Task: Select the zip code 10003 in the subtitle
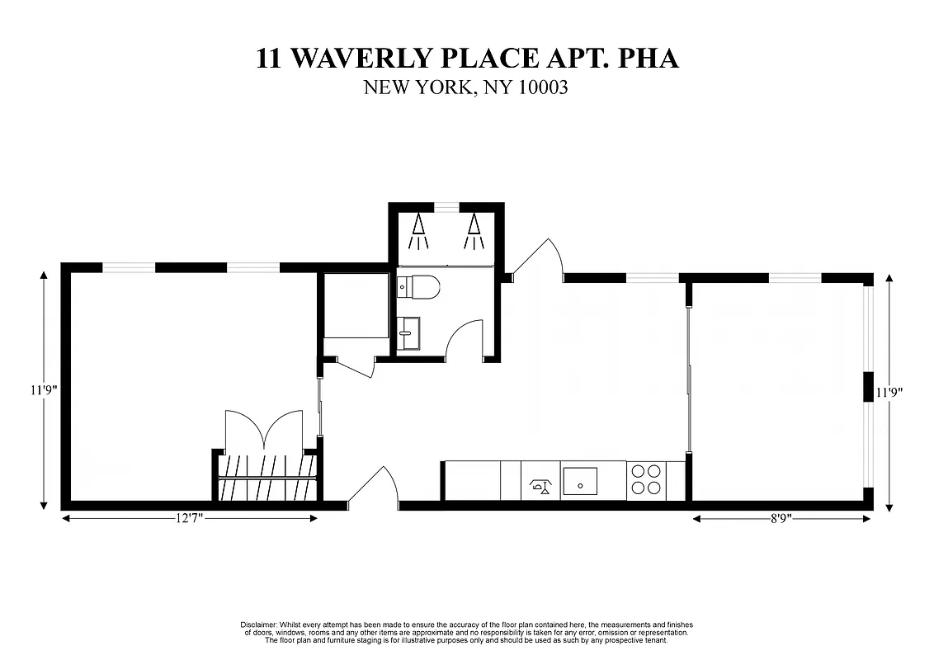coord(543,87)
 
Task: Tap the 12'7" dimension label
coord(189,518)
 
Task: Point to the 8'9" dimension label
coord(781,518)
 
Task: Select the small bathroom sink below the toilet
coord(408,334)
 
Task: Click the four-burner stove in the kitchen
coord(646,480)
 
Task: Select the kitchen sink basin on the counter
coord(580,480)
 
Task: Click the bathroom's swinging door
coord(464,340)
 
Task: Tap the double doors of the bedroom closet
coord(264,429)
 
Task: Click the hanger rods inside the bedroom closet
coord(267,477)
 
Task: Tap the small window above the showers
coord(446,205)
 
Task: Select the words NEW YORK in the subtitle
coord(417,87)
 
